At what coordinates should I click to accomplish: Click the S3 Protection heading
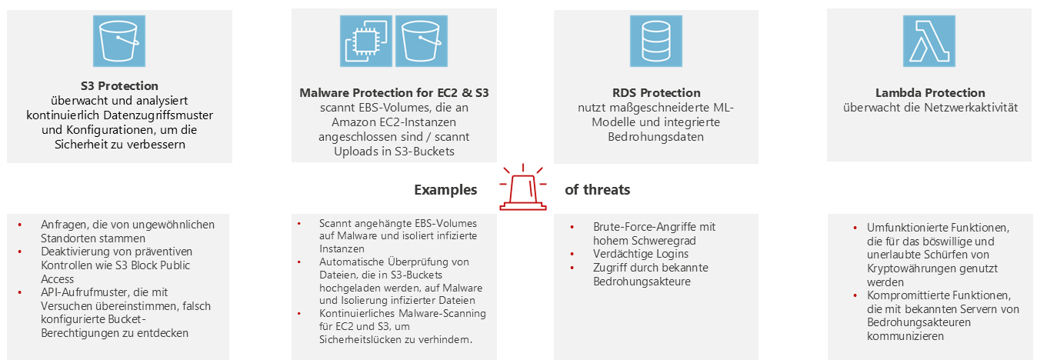coord(119,85)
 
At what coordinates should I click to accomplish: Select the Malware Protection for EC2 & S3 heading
coord(394,93)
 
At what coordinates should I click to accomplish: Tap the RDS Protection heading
coord(655,92)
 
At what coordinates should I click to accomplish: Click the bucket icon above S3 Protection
coord(119,42)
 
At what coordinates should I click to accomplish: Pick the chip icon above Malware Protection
coord(366,42)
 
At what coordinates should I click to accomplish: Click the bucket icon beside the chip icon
coord(421,42)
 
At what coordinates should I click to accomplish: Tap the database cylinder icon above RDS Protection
coord(655,42)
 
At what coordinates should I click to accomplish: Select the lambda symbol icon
coord(929,42)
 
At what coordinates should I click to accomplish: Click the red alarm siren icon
coord(523,187)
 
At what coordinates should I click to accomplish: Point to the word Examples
coord(445,190)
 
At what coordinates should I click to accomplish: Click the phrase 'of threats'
coord(598,190)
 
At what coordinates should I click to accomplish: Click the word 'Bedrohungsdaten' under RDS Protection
coord(656,137)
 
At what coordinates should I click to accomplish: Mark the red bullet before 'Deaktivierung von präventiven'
coord(21,252)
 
